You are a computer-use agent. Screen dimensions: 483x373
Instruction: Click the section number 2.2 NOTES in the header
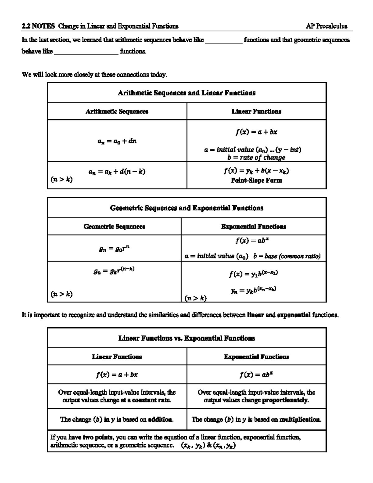(x=38, y=26)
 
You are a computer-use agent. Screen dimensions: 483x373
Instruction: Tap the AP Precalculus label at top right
(x=326, y=26)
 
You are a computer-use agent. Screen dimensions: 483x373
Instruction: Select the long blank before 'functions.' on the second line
(x=86, y=52)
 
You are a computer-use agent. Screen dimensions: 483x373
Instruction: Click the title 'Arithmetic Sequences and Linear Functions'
(x=186, y=93)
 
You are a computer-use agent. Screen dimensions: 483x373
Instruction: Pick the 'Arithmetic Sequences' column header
(x=117, y=111)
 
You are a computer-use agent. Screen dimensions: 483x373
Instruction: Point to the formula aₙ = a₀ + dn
(x=117, y=141)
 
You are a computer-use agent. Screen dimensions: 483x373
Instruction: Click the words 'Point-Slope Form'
(x=256, y=180)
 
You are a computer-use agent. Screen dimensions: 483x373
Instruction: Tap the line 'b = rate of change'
(x=256, y=157)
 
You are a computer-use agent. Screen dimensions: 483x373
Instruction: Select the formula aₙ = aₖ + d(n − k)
(x=117, y=171)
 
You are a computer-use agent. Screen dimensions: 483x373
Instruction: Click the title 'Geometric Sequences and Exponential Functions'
(x=186, y=208)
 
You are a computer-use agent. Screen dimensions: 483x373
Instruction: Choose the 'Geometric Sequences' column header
(x=114, y=226)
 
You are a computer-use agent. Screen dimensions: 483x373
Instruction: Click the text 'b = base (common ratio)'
(x=287, y=256)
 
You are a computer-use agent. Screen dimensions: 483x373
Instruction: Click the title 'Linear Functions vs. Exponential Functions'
(x=186, y=338)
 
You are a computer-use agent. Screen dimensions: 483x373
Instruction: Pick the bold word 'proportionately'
(x=285, y=400)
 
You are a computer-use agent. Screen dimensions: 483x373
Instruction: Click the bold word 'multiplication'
(x=300, y=420)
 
